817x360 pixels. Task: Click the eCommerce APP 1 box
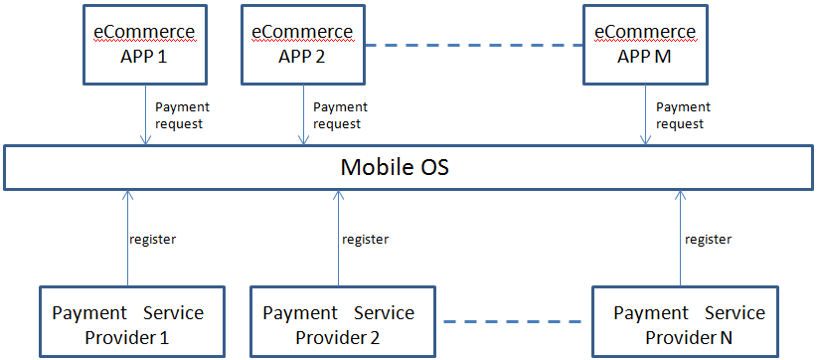click(x=144, y=44)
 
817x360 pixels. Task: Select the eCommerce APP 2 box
click(x=301, y=44)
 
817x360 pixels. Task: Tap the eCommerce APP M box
click(x=644, y=44)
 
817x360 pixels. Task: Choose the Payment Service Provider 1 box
click(x=127, y=323)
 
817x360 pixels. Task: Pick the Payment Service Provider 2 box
click(x=338, y=323)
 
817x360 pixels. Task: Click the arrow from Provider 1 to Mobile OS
click(x=126, y=239)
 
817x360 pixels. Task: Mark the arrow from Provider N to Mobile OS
click(x=681, y=239)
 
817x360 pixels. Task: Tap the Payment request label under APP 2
click(x=337, y=115)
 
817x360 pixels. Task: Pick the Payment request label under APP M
click(x=683, y=115)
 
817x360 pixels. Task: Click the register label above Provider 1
click(x=153, y=239)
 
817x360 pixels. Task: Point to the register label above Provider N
click(x=709, y=239)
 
